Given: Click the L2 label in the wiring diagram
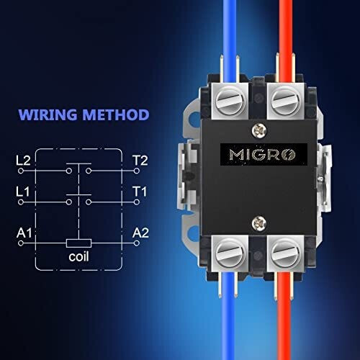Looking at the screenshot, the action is [x=23, y=161].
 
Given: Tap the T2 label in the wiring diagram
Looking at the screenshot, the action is [x=140, y=161].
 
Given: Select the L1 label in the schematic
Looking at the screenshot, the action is [x=23, y=192].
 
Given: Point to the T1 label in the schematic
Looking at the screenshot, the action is [x=140, y=192].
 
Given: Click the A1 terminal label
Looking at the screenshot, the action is [x=24, y=233].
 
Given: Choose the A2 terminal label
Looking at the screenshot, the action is [x=140, y=233].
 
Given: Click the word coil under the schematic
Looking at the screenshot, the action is [x=78, y=256].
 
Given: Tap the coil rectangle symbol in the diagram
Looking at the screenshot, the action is [x=78, y=243].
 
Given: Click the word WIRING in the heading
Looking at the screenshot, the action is [x=48, y=114].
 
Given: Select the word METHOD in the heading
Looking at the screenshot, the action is [x=116, y=114].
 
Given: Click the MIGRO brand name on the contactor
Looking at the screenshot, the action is [x=262, y=154].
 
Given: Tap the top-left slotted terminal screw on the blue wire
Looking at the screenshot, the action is [x=230, y=102].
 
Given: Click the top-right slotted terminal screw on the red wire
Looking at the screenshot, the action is [x=286, y=102].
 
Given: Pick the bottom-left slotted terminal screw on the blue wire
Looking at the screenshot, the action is [x=230, y=253].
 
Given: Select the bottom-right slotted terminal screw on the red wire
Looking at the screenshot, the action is [x=286, y=253].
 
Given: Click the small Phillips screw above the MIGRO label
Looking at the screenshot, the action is [x=259, y=130].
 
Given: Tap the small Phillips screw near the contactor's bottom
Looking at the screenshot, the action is [x=259, y=223].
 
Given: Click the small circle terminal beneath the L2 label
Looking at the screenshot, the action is [x=21, y=171].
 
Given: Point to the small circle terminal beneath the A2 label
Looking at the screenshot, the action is [x=137, y=243].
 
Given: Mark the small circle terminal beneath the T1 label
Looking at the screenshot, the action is [x=137, y=202].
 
